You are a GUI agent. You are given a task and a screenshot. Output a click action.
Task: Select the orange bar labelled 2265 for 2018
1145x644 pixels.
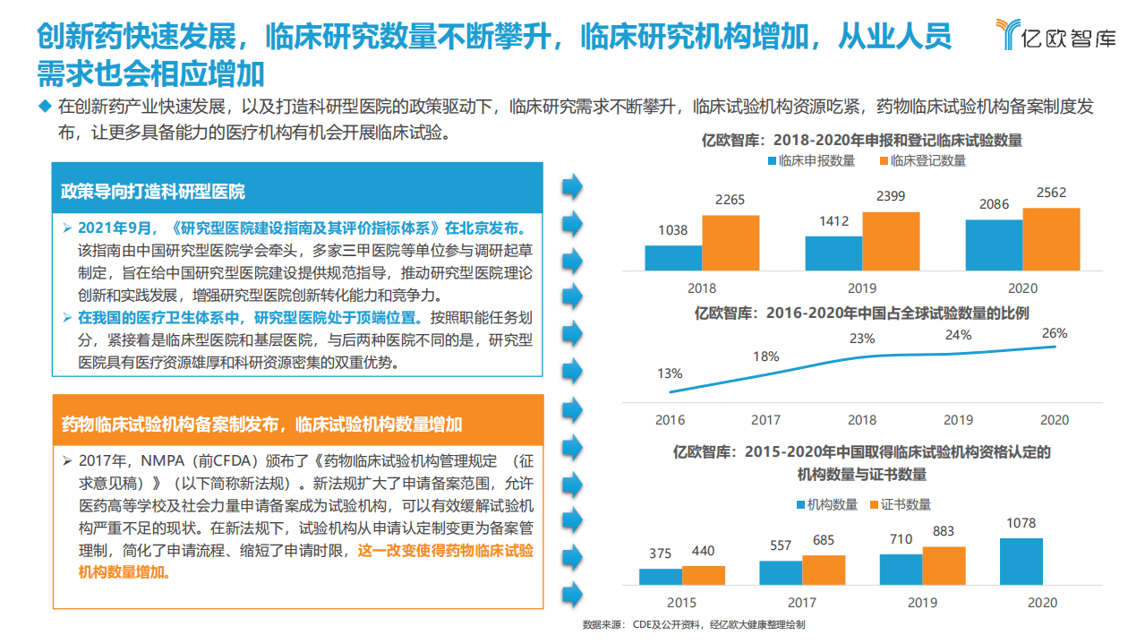click(730, 243)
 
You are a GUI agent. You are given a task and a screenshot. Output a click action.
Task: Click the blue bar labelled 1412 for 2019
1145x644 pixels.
click(833, 253)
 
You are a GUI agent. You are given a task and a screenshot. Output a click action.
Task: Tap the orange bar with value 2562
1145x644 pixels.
click(1051, 239)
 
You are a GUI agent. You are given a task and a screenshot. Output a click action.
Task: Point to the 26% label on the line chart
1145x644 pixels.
click(1054, 333)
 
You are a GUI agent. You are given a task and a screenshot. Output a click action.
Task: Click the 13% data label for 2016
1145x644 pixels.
click(670, 374)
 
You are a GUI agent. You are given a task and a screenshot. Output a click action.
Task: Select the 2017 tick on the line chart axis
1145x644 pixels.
click(765, 420)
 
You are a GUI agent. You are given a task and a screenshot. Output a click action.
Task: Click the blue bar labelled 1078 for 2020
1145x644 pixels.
click(1021, 562)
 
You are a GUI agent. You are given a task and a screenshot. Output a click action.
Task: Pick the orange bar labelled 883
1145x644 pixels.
click(944, 566)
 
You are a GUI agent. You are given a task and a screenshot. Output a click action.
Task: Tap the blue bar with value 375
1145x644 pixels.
click(660, 577)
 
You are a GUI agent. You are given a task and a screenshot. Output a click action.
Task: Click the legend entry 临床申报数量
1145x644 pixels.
click(810, 161)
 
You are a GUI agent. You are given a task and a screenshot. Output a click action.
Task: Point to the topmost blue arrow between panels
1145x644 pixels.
click(571, 187)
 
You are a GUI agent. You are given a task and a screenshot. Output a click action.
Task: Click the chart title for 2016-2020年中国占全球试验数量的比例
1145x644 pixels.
click(861, 313)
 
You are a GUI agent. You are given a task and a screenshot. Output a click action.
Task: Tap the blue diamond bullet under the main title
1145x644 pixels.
click(46, 107)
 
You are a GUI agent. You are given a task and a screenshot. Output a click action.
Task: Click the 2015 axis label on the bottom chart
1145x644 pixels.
click(681, 603)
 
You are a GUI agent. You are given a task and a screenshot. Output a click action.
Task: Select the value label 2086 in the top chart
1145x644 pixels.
click(993, 205)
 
